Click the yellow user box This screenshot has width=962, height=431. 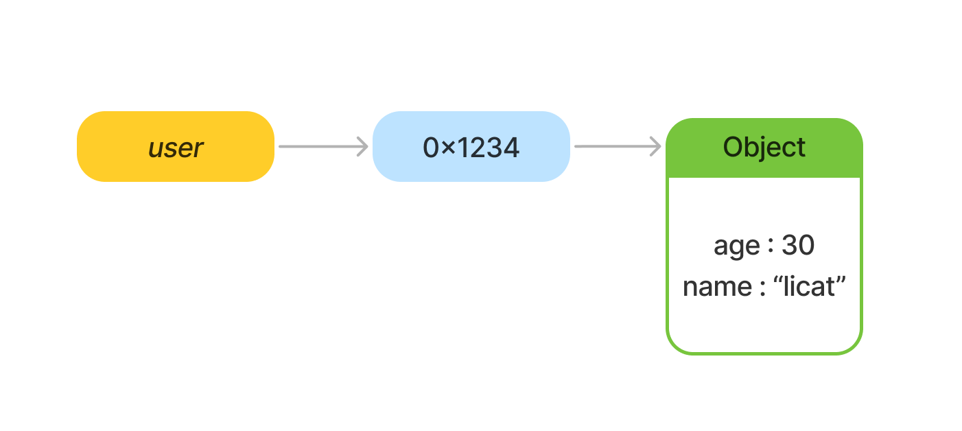point(176,147)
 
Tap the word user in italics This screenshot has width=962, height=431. point(176,148)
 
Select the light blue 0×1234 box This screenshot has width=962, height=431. point(471,147)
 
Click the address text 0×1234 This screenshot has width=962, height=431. point(471,148)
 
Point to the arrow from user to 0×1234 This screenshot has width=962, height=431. point(323,147)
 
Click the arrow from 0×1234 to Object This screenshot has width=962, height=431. point(618,147)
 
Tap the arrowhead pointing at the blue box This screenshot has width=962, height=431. point(363,147)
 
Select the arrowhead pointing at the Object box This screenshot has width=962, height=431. point(656,147)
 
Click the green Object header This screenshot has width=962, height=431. point(764,148)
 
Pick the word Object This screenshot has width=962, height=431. point(764,148)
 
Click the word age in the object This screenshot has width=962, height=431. point(736,246)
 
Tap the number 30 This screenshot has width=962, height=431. point(798,245)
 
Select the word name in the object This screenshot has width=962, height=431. point(717,287)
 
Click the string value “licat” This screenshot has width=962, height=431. point(809,286)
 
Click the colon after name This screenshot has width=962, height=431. point(763,288)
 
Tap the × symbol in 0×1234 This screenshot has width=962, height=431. point(448,149)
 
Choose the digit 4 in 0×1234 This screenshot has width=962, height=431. point(511,148)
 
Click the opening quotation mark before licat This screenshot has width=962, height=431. point(777,279)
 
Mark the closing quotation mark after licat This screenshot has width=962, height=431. point(841,279)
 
